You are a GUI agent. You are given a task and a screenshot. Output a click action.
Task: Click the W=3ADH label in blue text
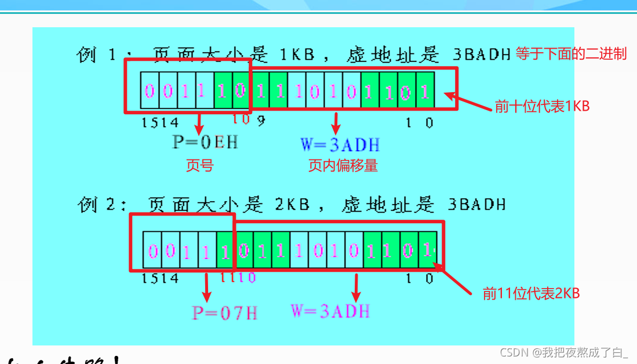pos(340,143)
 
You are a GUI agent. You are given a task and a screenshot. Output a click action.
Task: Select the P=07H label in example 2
pos(225,313)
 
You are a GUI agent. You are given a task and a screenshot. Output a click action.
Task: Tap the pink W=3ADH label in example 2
pos(330,311)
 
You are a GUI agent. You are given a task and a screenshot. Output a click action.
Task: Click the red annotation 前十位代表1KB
pos(542,106)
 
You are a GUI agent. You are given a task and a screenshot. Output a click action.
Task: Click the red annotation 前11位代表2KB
pos(532,294)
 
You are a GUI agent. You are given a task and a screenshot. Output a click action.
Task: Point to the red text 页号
pos(199,166)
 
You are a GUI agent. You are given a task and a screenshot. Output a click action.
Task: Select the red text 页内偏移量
pos(343,166)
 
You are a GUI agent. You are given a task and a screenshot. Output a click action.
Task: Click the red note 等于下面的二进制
pos(571,54)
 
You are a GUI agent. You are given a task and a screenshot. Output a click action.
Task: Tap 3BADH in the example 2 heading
pos(476,204)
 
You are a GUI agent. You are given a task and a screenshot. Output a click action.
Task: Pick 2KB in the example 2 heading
pos(292,204)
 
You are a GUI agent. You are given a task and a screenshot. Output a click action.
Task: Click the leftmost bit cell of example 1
pos(150,91)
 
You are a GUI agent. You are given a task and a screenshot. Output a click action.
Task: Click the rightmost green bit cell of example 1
pos(425,91)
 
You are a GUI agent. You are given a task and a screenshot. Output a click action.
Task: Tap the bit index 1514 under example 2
pos(160,278)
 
